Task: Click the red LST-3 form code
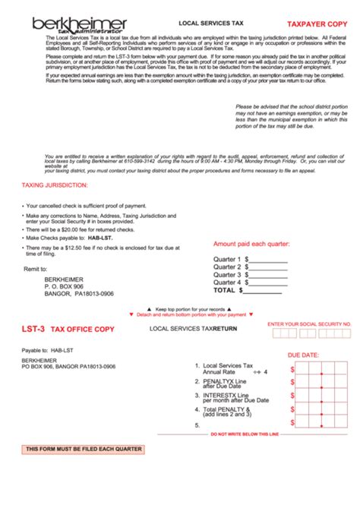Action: [33, 330]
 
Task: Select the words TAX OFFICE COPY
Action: [83, 330]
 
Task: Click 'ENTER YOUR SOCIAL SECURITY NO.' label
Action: [309, 323]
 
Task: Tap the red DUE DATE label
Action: [302, 355]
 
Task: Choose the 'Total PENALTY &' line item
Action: [228, 412]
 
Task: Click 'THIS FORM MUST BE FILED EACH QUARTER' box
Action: [84, 450]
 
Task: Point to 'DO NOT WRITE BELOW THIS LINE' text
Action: [245, 434]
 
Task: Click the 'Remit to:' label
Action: [36, 270]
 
